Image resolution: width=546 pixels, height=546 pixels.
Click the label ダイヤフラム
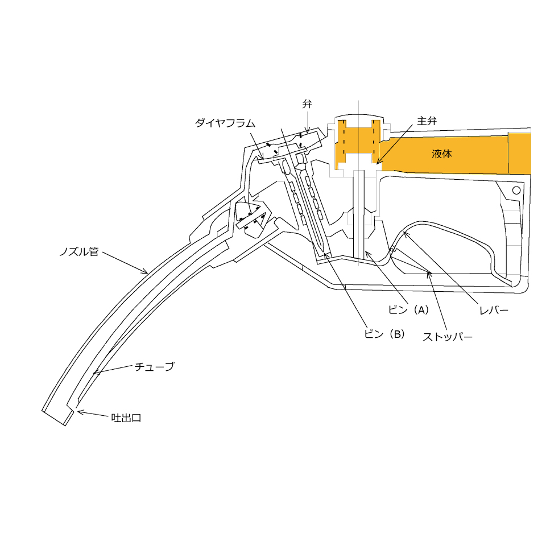pos(225,123)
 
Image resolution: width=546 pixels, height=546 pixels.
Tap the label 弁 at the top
pos(307,104)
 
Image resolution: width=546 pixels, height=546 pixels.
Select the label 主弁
pos(427,121)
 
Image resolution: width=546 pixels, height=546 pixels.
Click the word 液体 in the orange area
pos(441,154)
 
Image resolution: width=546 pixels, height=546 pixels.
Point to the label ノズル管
pos(79,251)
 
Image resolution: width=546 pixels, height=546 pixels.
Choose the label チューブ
pos(154,367)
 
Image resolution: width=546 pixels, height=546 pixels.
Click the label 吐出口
pos(126,418)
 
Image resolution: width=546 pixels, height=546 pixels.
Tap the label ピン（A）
pos(409,310)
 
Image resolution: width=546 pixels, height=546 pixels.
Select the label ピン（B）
pos(385,334)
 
